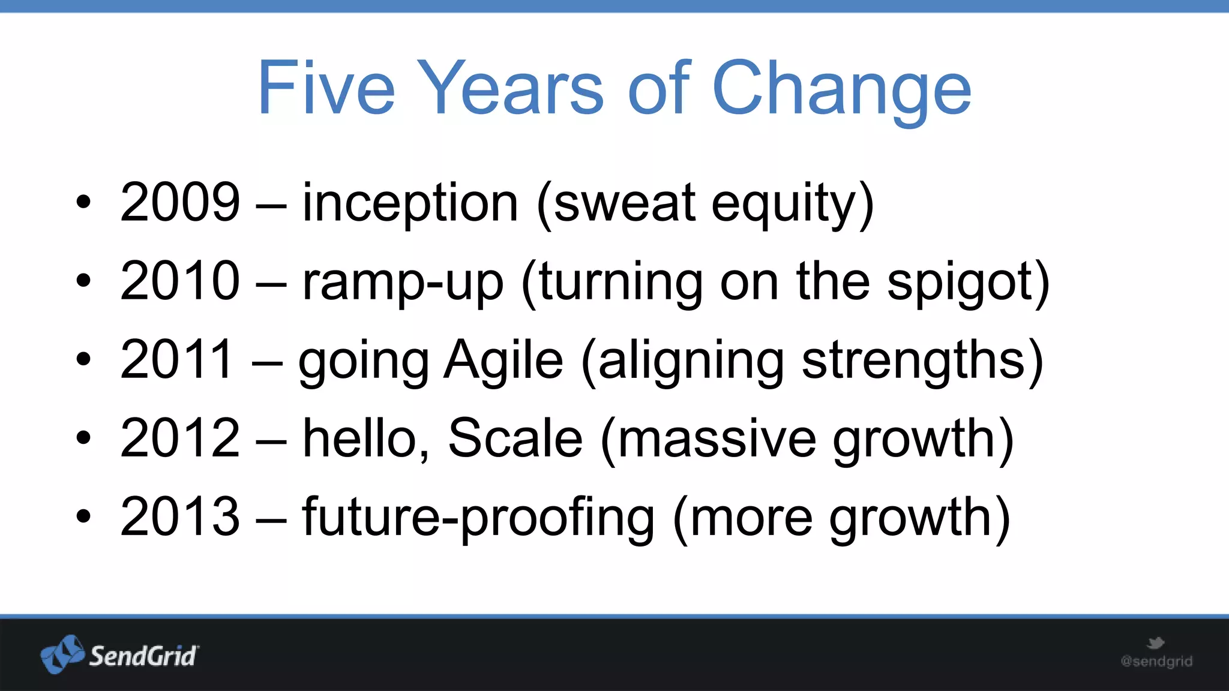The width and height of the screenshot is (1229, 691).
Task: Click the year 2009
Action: pyautogui.click(x=180, y=202)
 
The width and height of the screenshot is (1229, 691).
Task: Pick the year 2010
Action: pyautogui.click(x=180, y=281)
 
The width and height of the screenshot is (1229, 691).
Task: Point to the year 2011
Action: pyautogui.click(x=176, y=359)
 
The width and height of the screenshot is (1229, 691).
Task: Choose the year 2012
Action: pyautogui.click(x=180, y=438)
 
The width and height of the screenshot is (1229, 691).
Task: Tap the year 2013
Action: pyautogui.click(x=180, y=516)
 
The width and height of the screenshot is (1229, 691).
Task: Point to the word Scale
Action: pyautogui.click(x=515, y=438)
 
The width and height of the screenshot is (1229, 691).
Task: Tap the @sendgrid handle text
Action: pyautogui.click(x=1156, y=662)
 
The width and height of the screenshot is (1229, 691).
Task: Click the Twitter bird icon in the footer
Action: pyautogui.click(x=1155, y=644)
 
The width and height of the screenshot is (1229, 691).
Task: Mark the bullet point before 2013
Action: pyautogui.click(x=83, y=516)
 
